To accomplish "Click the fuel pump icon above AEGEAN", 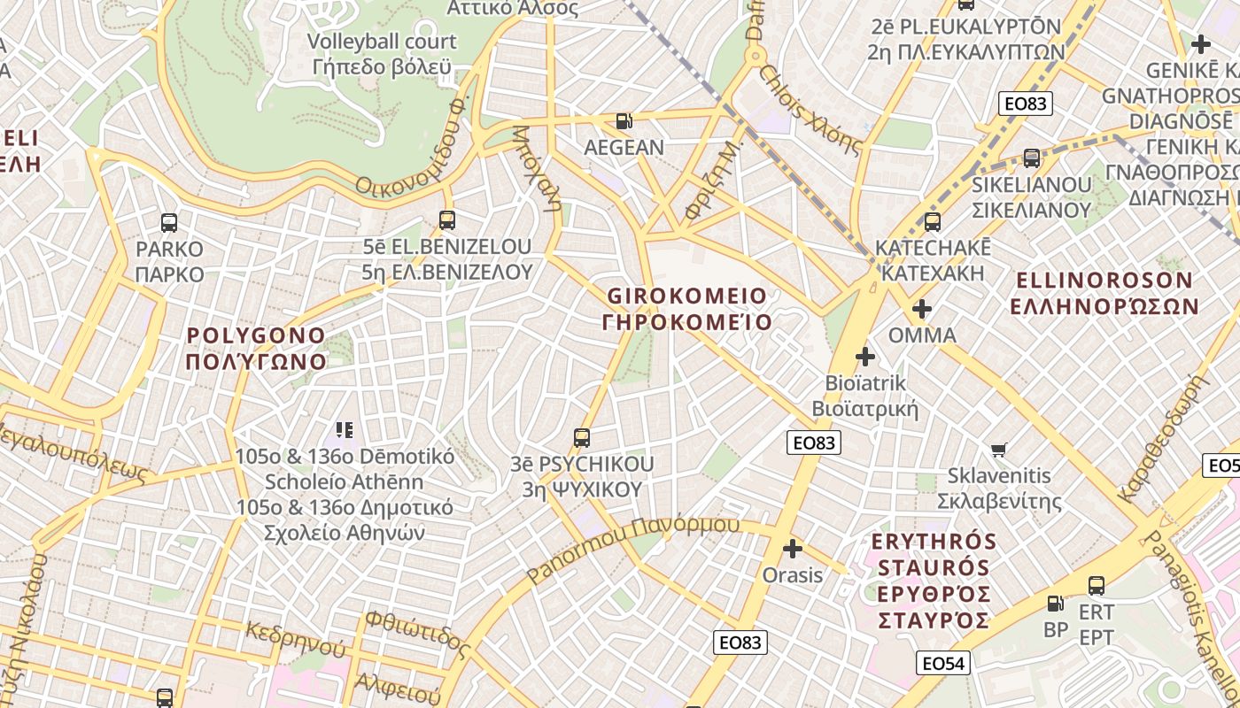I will tap(624, 121).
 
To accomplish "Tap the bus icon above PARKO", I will tap(169, 223).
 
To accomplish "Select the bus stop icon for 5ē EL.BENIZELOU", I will tap(447, 220).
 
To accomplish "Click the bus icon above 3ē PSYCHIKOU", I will tap(582, 438).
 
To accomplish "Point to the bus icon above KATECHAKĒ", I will tap(932, 222).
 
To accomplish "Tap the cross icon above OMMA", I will tap(922, 310).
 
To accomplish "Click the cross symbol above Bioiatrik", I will tap(865, 358).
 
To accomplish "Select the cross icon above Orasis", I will tap(793, 550).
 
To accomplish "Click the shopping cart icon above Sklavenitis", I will tap(999, 450).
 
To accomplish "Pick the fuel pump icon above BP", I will tap(1055, 604).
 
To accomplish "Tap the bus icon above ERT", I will tap(1097, 586).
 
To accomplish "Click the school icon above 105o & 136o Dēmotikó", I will tap(345, 431).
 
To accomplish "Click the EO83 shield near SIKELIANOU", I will tap(1025, 104).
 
